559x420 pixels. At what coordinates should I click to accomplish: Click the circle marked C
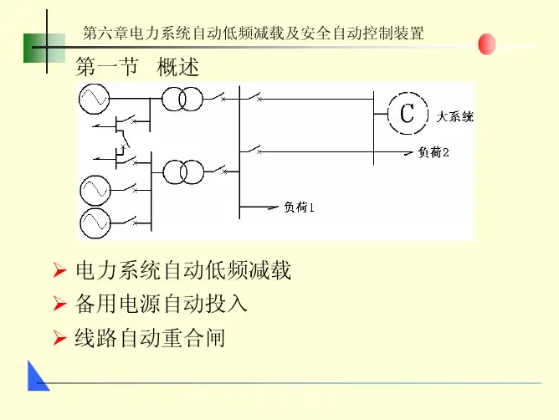coord(406,113)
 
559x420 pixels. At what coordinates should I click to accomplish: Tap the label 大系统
coord(455,117)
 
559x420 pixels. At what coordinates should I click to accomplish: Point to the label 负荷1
coord(298,206)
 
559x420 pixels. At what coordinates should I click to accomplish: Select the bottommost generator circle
coord(94,223)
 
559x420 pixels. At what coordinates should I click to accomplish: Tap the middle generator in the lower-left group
coord(94,192)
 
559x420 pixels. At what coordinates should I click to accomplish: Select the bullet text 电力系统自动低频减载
coord(183,270)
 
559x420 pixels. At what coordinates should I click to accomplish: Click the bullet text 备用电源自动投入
coord(162,304)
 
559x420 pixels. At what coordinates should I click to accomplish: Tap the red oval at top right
coord(486,44)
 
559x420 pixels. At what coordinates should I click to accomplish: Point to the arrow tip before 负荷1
coord(278,206)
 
